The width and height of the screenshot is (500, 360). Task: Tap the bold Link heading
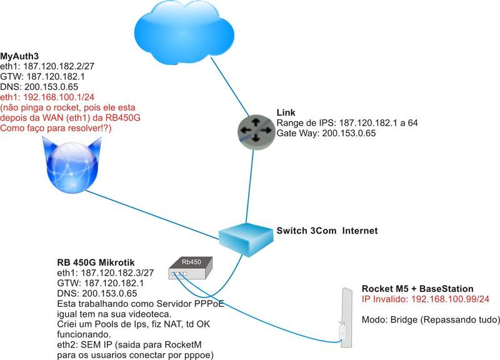point(286,113)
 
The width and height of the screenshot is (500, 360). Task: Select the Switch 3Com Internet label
point(327,231)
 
